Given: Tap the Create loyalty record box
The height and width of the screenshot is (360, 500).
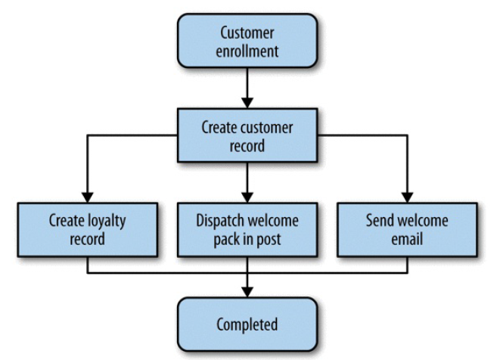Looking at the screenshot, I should pos(88,231).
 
